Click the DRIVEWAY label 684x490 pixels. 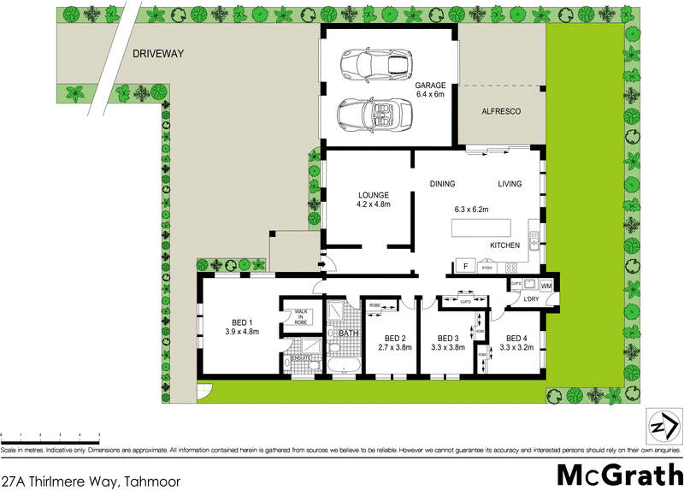[158, 54]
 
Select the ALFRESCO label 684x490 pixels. [501, 112]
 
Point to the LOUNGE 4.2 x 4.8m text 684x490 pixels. [373, 199]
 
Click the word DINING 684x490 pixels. [442, 184]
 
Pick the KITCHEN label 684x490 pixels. [504, 245]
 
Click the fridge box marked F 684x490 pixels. [465, 265]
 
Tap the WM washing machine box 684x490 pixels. [546, 285]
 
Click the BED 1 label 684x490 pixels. [241, 322]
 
